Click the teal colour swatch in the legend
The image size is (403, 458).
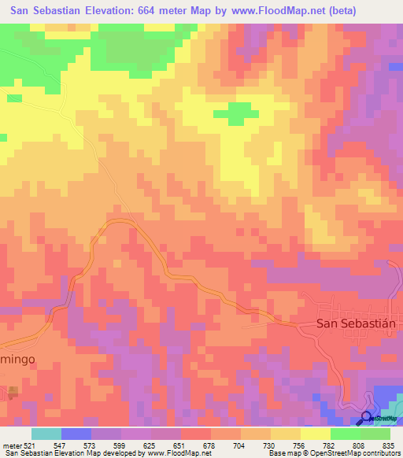coord(46,434)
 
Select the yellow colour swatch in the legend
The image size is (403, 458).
coord(314,434)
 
